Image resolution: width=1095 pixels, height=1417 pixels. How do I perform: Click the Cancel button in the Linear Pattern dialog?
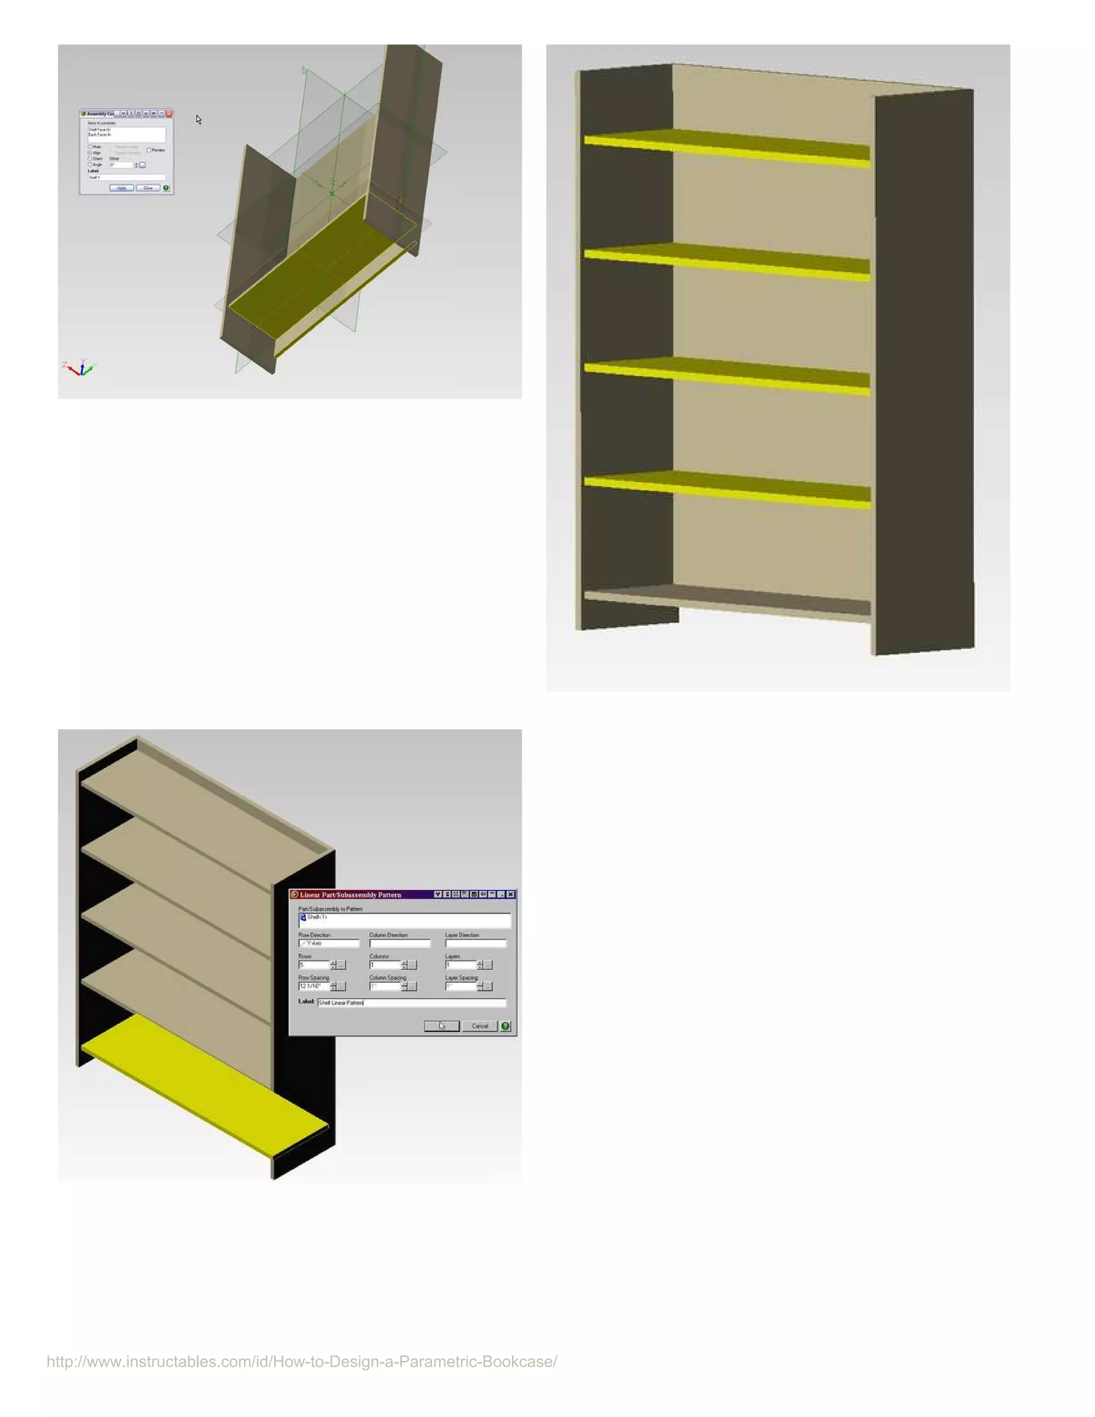pos(480,1026)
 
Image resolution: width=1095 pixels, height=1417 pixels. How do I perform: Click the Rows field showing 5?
pos(314,965)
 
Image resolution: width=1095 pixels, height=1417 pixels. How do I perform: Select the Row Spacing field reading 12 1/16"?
pos(314,986)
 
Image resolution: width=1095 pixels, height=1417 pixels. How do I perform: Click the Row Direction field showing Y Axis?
pos(328,943)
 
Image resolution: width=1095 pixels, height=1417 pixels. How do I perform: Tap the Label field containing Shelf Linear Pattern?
pos(411,1003)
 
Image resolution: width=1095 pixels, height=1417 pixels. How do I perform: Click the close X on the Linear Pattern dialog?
pos(511,894)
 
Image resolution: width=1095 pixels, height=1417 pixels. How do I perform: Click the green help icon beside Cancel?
pos(505,1026)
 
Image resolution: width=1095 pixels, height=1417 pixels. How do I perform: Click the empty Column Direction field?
pos(399,943)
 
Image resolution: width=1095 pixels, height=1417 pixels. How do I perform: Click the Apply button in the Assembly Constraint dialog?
pos(121,188)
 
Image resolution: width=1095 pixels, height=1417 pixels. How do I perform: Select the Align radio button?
pos(90,152)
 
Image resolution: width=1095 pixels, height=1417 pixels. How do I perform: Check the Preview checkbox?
pos(149,150)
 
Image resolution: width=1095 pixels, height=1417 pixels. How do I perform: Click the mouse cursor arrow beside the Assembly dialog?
pos(198,119)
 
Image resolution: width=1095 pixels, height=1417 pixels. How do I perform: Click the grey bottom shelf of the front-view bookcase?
pos(727,600)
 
